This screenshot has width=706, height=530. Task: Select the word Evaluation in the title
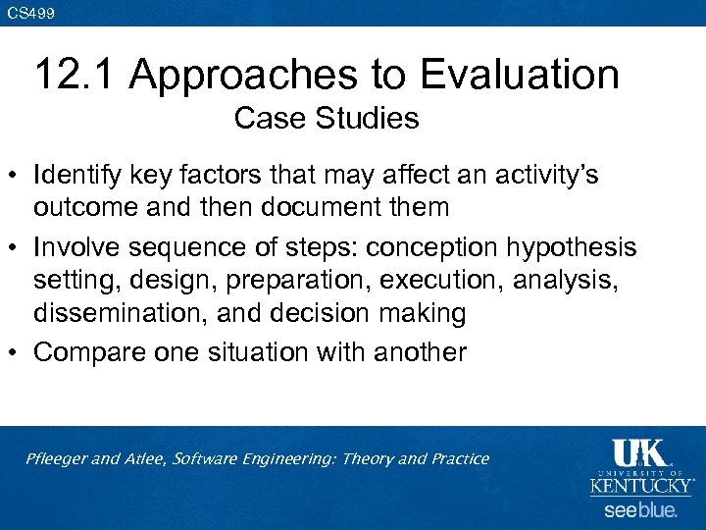coord(514,76)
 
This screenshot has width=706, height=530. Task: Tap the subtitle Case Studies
coord(327,119)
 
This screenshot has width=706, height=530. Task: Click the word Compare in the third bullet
coord(82,351)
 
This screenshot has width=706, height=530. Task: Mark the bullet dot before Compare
coord(17,352)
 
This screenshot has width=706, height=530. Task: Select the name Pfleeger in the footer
coord(58,459)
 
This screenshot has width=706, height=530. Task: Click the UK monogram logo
coord(638,454)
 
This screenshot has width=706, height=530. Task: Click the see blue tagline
coord(640,510)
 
